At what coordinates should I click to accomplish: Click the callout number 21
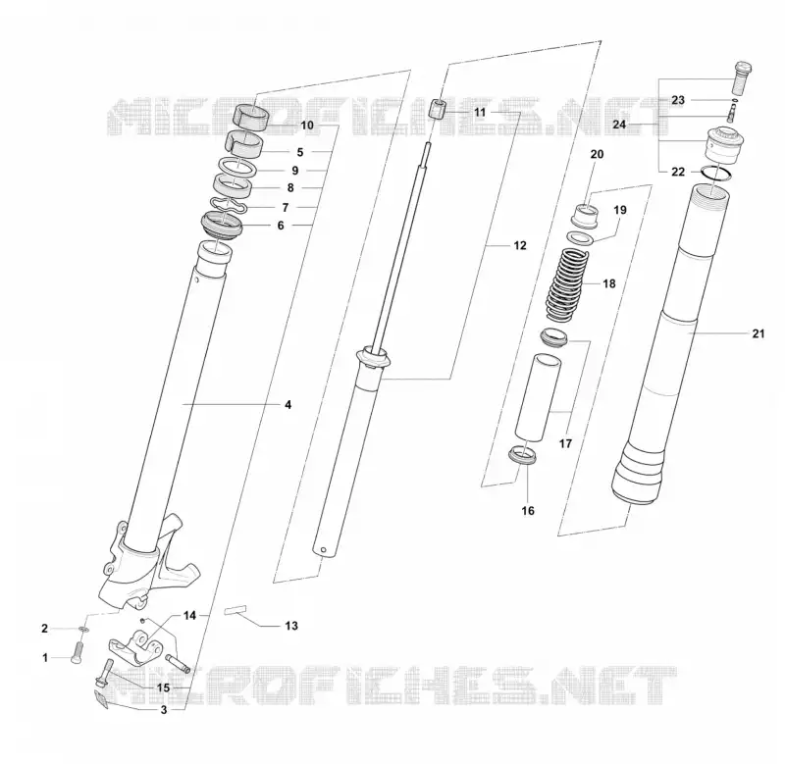click(759, 333)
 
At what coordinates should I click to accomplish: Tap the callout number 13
click(291, 626)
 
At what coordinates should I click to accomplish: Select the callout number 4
click(288, 404)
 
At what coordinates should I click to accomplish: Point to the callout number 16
click(528, 510)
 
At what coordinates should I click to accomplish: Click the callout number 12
click(520, 245)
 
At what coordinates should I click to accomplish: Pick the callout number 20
click(597, 154)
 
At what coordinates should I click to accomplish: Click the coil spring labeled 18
click(567, 284)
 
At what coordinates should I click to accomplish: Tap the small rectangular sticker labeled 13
click(235, 610)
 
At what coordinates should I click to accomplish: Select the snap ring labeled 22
click(717, 172)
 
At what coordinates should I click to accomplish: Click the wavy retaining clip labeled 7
click(229, 206)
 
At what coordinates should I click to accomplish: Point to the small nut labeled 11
click(438, 109)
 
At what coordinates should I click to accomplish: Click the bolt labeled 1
click(77, 653)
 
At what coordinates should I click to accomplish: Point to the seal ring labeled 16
click(523, 456)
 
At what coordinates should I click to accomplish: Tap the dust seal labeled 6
click(222, 225)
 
